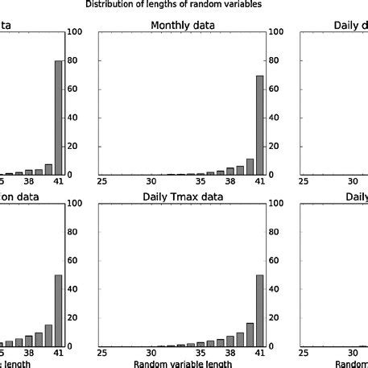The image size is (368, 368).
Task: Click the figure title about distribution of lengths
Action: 184,4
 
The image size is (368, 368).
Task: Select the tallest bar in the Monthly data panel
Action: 259,125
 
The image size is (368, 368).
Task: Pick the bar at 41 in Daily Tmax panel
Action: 259,311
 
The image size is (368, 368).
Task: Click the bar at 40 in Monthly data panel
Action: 250,167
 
